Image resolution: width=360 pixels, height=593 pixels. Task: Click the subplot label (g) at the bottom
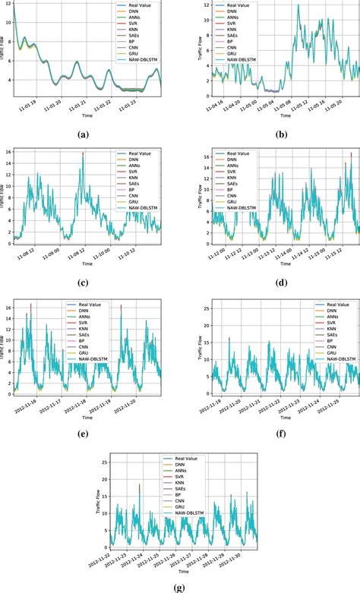pos(180,585)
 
